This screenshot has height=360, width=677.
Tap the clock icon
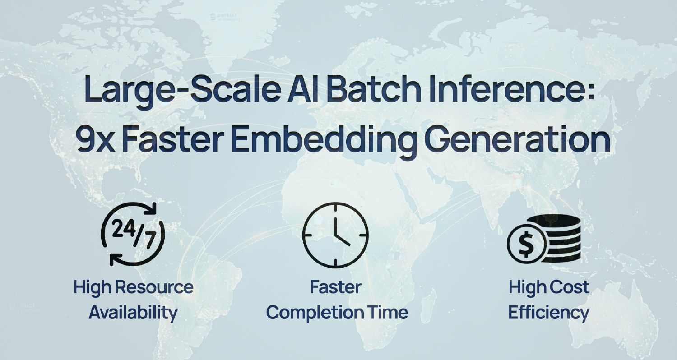coord(335,235)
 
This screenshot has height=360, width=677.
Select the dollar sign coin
coord(527,244)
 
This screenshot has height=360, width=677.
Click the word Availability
coord(133,313)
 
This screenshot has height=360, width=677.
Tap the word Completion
coord(315,313)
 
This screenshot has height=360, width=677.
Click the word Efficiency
coord(549,313)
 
